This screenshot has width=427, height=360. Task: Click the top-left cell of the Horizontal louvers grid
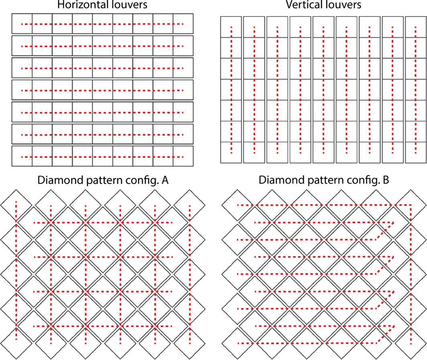tap(22, 24)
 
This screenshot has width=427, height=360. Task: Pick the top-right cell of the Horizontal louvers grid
tap(183, 24)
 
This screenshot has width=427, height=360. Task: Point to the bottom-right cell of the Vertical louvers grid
tap(415, 152)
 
